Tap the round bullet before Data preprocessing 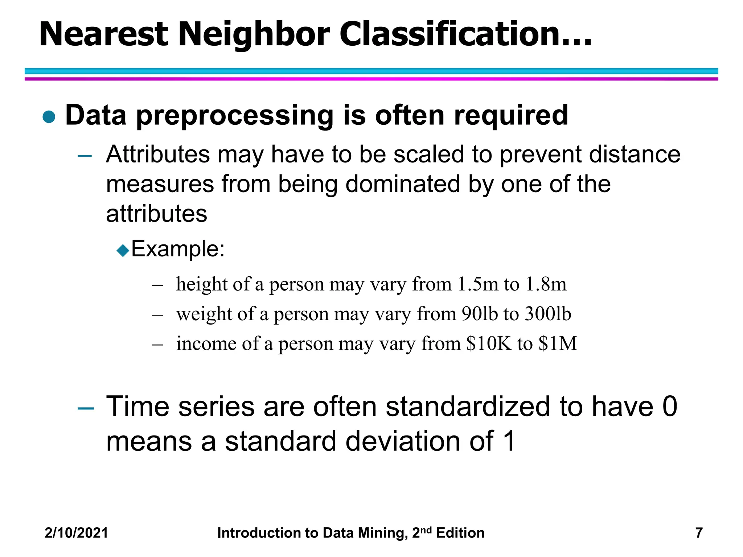coord(49,117)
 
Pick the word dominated coord(403,184)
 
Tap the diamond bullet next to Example coord(123,250)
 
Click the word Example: coord(178,249)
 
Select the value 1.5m coord(478,284)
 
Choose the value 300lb coord(548,314)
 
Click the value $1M coord(558,343)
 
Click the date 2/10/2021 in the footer coord(76,533)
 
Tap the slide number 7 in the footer coord(699,533)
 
